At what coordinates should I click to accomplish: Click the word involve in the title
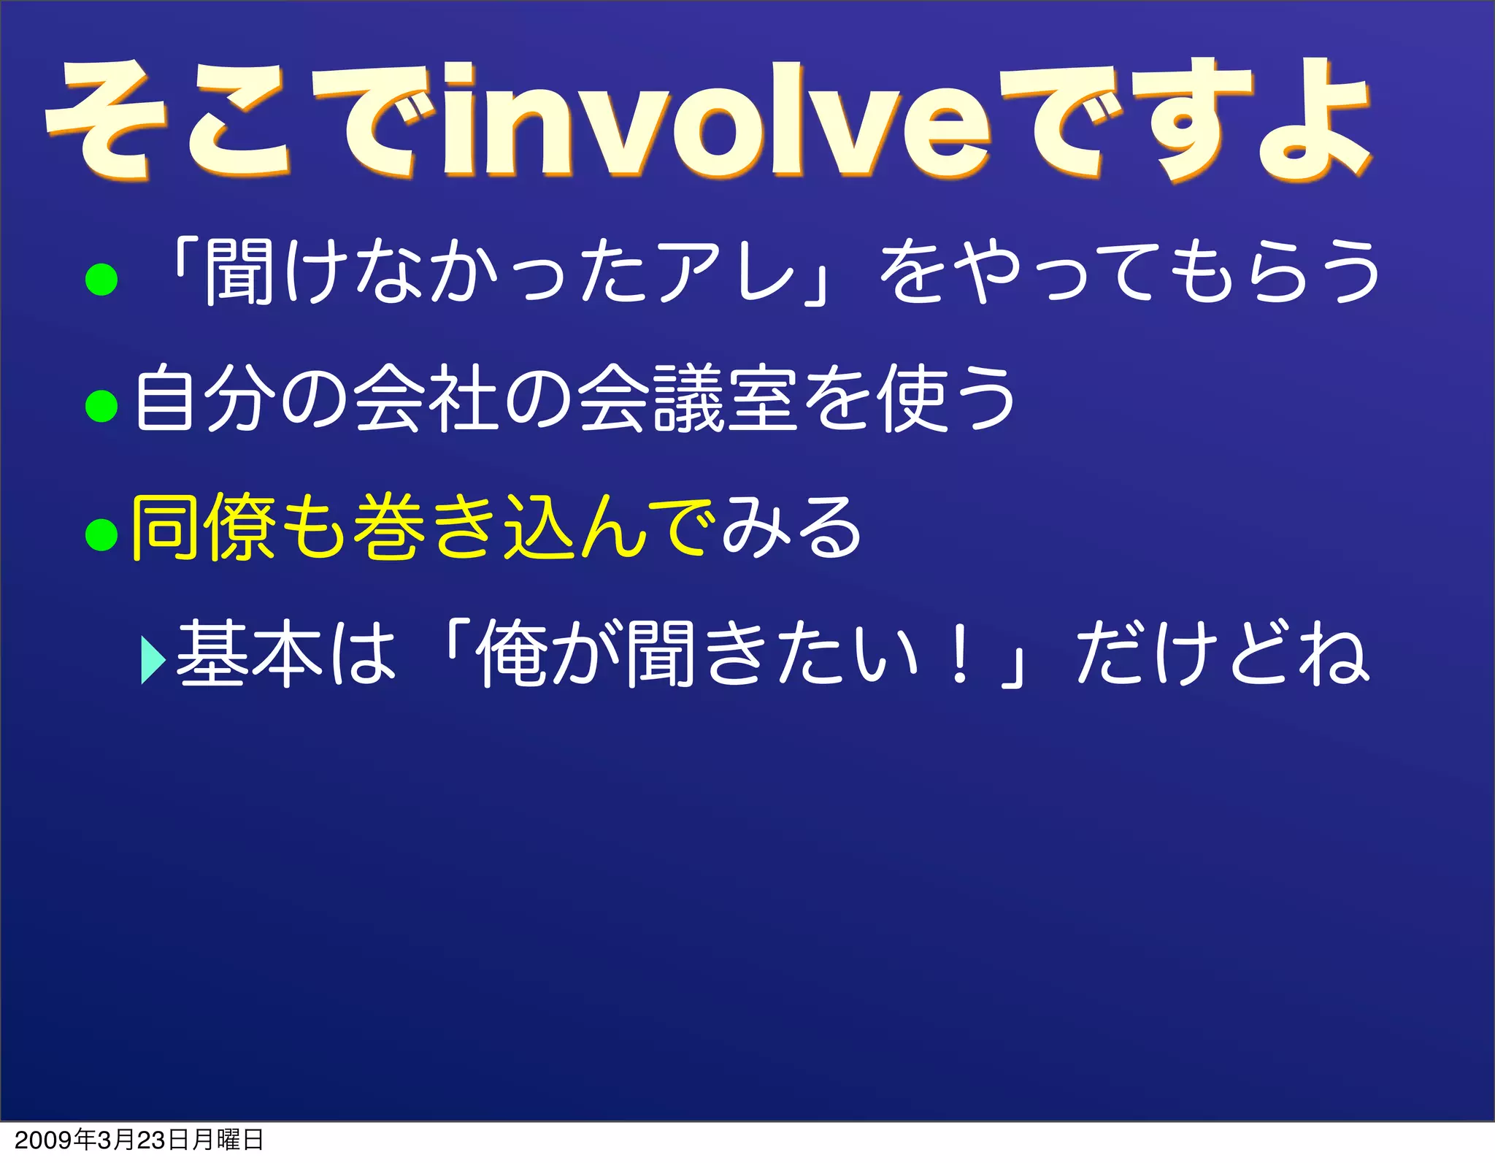[715, 124]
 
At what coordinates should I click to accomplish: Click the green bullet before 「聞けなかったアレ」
[101, 279]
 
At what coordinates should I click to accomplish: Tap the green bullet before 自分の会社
[101, 405]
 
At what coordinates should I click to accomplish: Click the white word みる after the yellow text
[792, 527]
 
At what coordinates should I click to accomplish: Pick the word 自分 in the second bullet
[205, 399]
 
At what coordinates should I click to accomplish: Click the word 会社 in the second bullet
[427, 399]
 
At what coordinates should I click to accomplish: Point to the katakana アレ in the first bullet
[726, 272]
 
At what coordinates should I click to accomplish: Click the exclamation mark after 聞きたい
[960, 653]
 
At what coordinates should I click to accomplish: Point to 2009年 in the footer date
[55, 1140]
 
